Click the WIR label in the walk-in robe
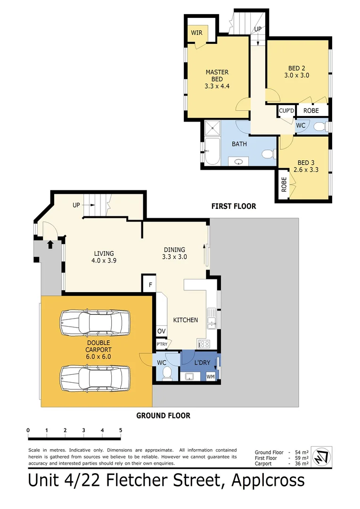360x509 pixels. (196, 33)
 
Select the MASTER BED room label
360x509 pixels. (217, 75)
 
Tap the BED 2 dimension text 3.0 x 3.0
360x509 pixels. (296, 75)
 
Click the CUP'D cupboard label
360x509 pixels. (286, 111)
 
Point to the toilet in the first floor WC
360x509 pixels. (320, 126)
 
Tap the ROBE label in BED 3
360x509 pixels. (284, 184)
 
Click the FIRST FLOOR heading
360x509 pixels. (234, 206)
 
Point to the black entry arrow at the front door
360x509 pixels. (50, 244)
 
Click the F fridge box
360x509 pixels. (150, 285)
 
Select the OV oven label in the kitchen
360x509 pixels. (161, 332)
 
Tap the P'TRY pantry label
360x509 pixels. (162, 345)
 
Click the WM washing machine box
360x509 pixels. (211, 376)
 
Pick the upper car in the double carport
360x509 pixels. (95, 323)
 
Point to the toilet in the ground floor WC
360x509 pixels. (166, 374)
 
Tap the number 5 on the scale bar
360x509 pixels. (121, 430)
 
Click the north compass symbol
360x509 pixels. (323, 456)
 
